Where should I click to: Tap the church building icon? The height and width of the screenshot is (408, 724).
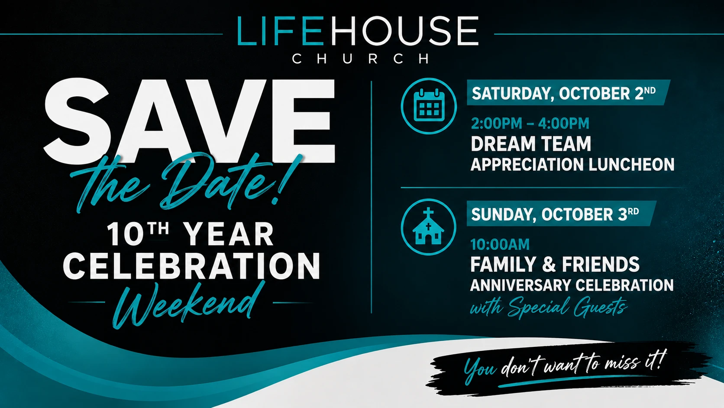428,226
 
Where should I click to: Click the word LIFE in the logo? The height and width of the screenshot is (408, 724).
280,31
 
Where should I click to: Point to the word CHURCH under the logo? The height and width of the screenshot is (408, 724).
361,59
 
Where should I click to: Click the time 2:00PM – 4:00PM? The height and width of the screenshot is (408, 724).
530,123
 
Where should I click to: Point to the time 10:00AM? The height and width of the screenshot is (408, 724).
500,244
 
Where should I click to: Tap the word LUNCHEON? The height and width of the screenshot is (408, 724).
631,164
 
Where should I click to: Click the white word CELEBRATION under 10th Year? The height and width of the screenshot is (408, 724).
191,266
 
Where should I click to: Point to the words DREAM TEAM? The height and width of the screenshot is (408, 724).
531,144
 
